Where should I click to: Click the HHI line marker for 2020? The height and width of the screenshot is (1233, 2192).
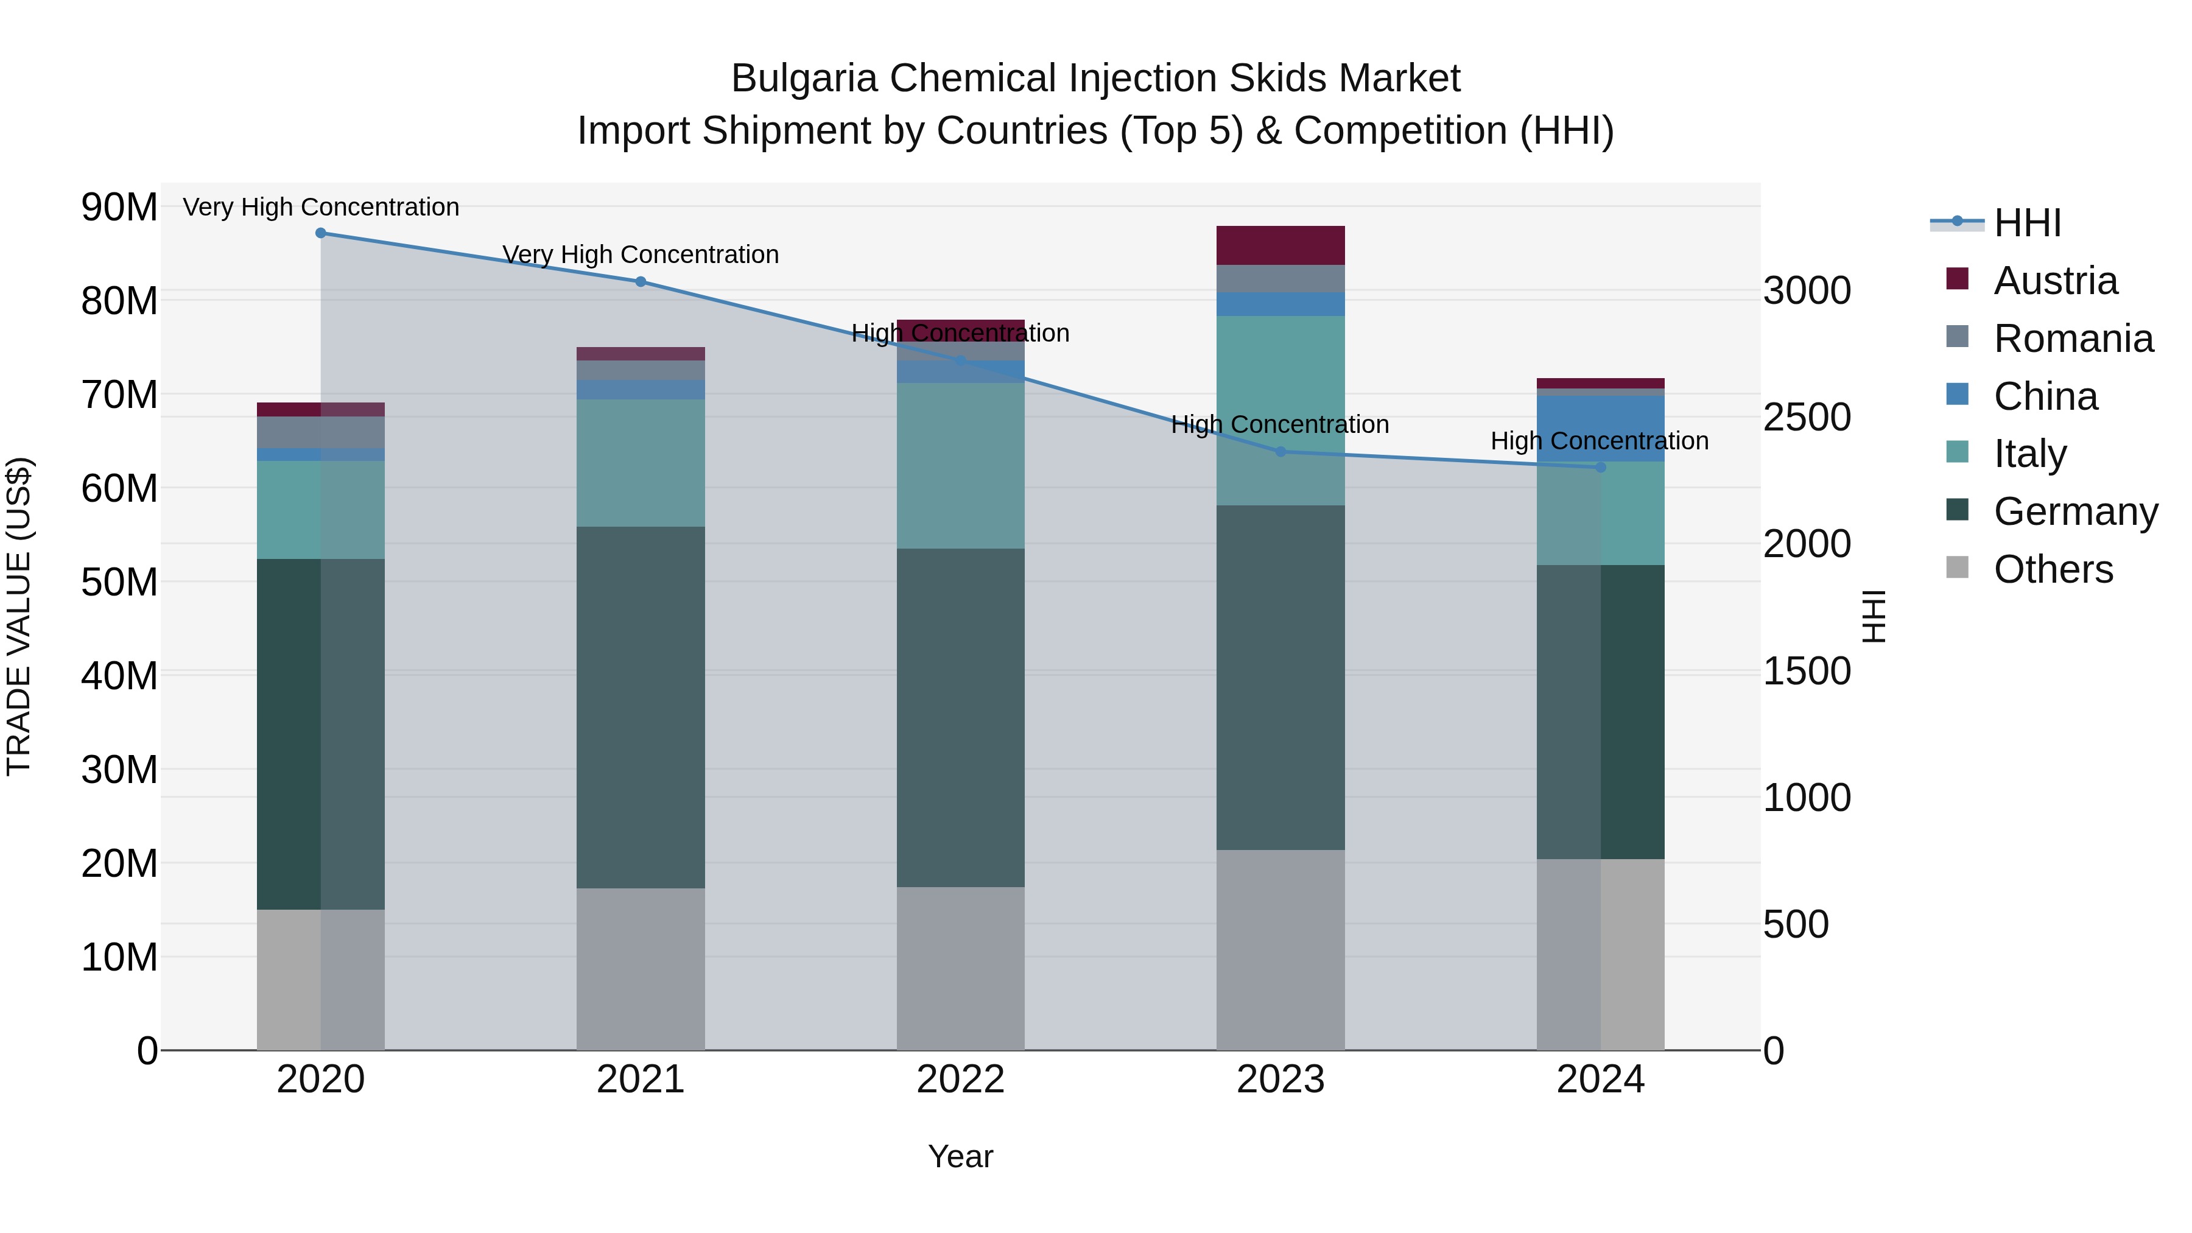pos(321,233)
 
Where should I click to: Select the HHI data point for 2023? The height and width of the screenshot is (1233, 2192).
pos(1280,452)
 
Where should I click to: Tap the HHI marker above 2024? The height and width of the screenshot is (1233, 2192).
pos(1601,467)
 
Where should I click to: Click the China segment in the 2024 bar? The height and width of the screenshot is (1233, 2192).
pos(1601,429)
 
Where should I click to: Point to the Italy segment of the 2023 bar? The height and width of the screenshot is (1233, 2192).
pos(1280,410)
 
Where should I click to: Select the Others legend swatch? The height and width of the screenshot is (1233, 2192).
pos(1957,567)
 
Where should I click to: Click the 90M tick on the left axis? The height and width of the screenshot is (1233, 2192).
pos(119,207)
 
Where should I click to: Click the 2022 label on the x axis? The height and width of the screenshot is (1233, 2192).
pos(961,1080)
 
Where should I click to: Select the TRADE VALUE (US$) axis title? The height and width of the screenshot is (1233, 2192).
pos(19,616)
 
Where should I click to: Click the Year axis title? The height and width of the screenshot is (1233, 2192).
pos(961,1156)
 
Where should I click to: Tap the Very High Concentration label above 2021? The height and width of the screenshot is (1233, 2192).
pos(641,255)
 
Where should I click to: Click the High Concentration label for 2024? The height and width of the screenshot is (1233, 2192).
pos(1600,441)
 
